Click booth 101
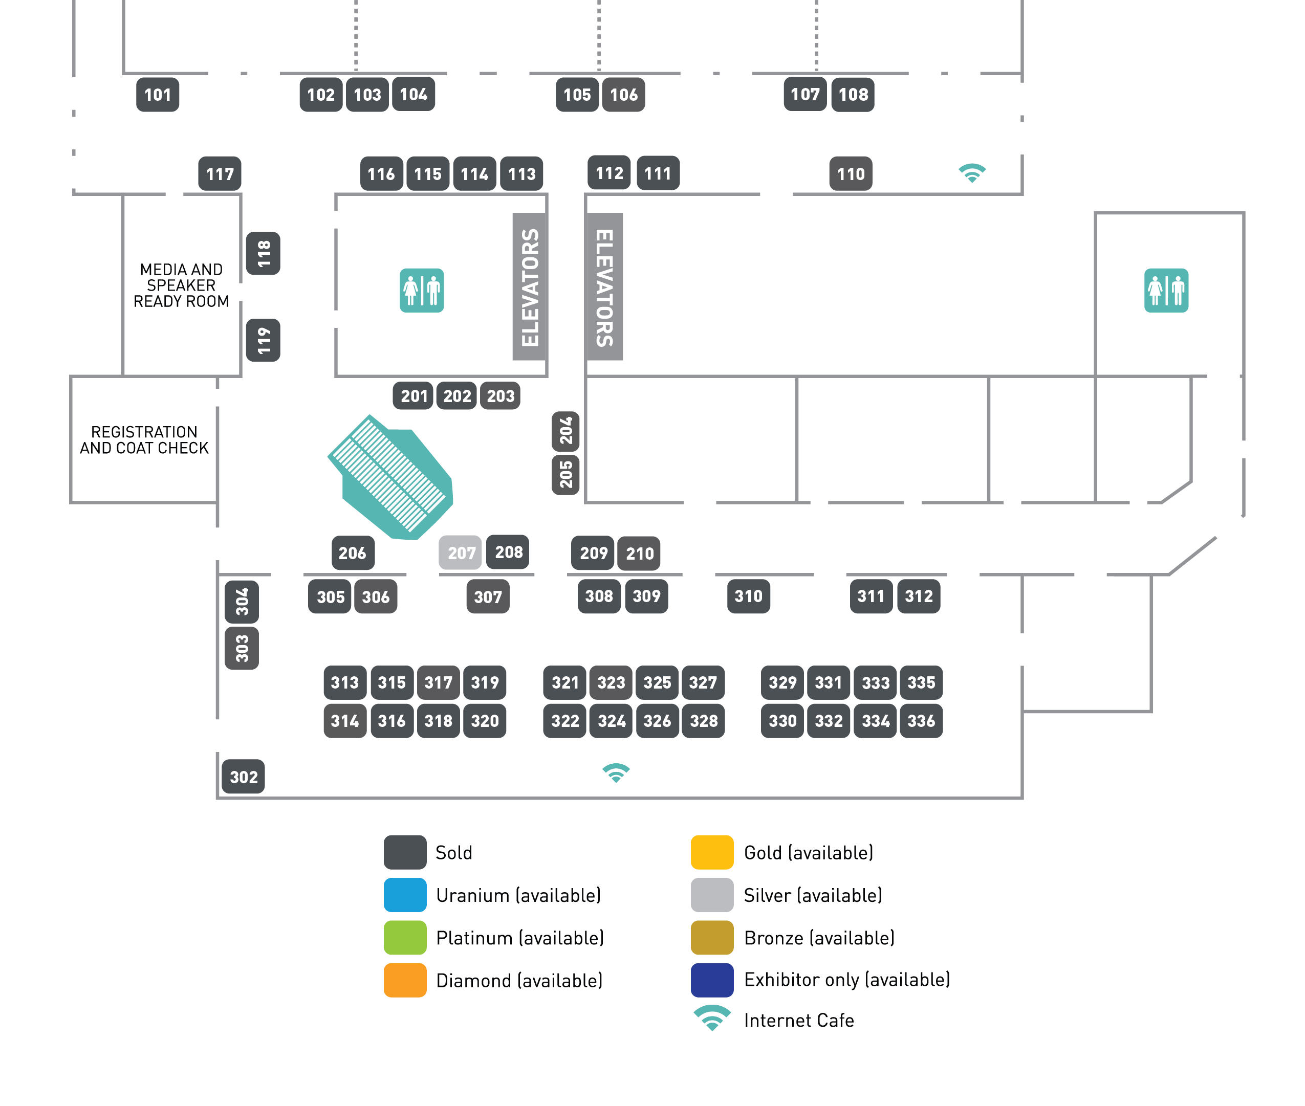pyautogui.click(x=158, y=95)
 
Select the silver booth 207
pyautogui.click(x=460, y=552)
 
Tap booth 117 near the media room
pyautogui.click(x=220, y=173)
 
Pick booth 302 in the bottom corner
pyautogui.click(x=243, y=777)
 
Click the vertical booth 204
pyautogui.click(x=565, y=431)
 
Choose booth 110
pyautogui.click(x=851, y=173)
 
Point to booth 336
pyautogui.click(x=921, y=721)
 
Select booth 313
pyautogui.click(x=344, y=682)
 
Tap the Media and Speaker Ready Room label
pyautogui.click(x=181, y=285)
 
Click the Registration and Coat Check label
pyautogui.click(x=144, y=440)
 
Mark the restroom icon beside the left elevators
pyautogui.click(x=421, y=290)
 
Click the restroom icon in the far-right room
pyautogui.click(x=1166, y=290)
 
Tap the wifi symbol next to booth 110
pyautogui.click(x=972, y=172)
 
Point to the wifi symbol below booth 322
pyautogui.click(x=616, y=773)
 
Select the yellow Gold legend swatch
pyautogui.click(x=712, y=852)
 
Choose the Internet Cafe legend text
pyautogui.click(x=798, y=1021)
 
